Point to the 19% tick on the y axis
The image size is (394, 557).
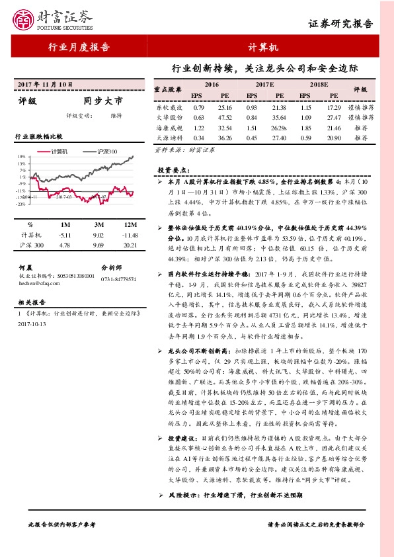coord(22,157)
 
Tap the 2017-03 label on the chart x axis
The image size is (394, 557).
coord(64,196)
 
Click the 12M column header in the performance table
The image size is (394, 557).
coord(130,224)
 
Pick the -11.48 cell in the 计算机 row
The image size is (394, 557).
coord(130,235)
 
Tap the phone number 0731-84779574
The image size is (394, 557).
coord(118,279)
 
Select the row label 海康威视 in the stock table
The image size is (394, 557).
coord(169,127)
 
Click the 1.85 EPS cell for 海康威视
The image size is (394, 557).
coord(305,127)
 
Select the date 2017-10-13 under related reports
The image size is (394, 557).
coord(32,324)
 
